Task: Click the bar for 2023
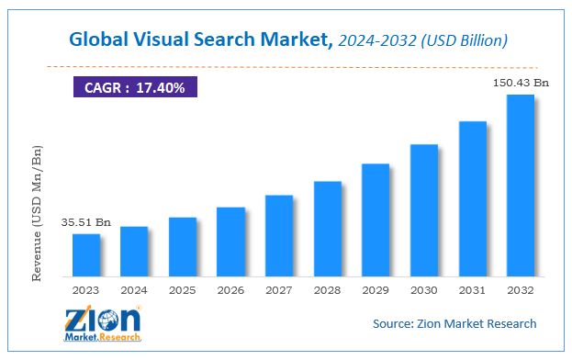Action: click(x=85, y=255)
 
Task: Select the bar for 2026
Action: click(x=230, y=242)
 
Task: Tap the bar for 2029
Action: click(x=375, y=220)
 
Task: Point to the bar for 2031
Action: click(x=472, y=198)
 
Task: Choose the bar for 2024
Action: click(x=134, y=252)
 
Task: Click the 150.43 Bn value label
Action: click(x=520, y=83)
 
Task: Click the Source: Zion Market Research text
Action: click(x=454, y=323)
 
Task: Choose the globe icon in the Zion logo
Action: click(x=109, y=321)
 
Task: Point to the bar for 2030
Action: click(x=423, y=210)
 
